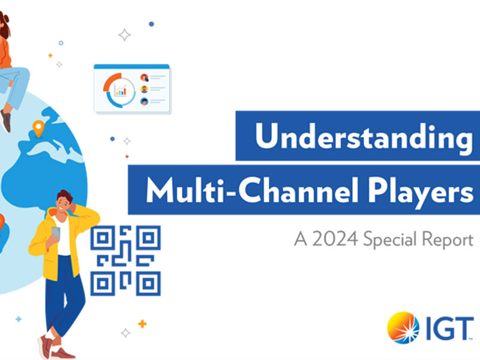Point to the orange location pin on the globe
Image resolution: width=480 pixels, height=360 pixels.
pos(39,128)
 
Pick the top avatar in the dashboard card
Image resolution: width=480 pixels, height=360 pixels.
pos(144,77)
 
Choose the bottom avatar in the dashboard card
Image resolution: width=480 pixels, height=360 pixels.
pos(144,101)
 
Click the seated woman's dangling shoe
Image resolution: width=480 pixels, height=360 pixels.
pos(6,120)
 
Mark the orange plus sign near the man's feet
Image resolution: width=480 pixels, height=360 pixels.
pos(142,324)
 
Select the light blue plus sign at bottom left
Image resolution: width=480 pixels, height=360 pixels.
pos(19,319)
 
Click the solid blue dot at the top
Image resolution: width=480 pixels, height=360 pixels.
pos(151,24)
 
